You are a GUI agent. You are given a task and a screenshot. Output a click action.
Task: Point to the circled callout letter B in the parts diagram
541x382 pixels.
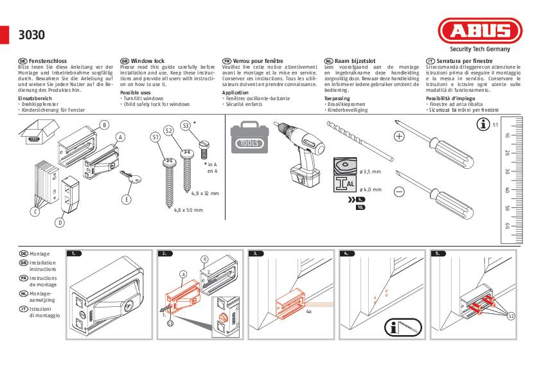pyautogui.click(x=104, y=125)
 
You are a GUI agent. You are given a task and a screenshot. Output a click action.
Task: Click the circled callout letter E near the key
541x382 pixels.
pyautogui.click(x=127, y=200)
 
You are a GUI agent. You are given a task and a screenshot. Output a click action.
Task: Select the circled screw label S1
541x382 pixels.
pyautogui.click(x=155, y=137)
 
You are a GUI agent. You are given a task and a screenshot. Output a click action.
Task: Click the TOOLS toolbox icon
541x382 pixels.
pyautogui.click(x=251, y=141)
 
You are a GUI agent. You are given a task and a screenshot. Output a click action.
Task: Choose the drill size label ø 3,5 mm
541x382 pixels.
pyautogui.click(x=371, y=171)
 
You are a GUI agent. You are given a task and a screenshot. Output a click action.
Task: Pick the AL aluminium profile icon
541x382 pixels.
pyautogui.click(x=344, y=185)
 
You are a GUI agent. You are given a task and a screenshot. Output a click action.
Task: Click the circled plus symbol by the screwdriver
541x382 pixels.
pyautogui.click(x=398, y=136)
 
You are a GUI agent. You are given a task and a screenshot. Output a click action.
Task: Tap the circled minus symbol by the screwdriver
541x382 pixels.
pyautogui.click(x=398, y=191)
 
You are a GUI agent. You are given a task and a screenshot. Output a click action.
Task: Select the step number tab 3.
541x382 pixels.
pyautogui.click(x=256, y=254)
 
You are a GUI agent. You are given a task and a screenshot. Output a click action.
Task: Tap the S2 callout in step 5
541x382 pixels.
pyautogui.click(x=511, y=316)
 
